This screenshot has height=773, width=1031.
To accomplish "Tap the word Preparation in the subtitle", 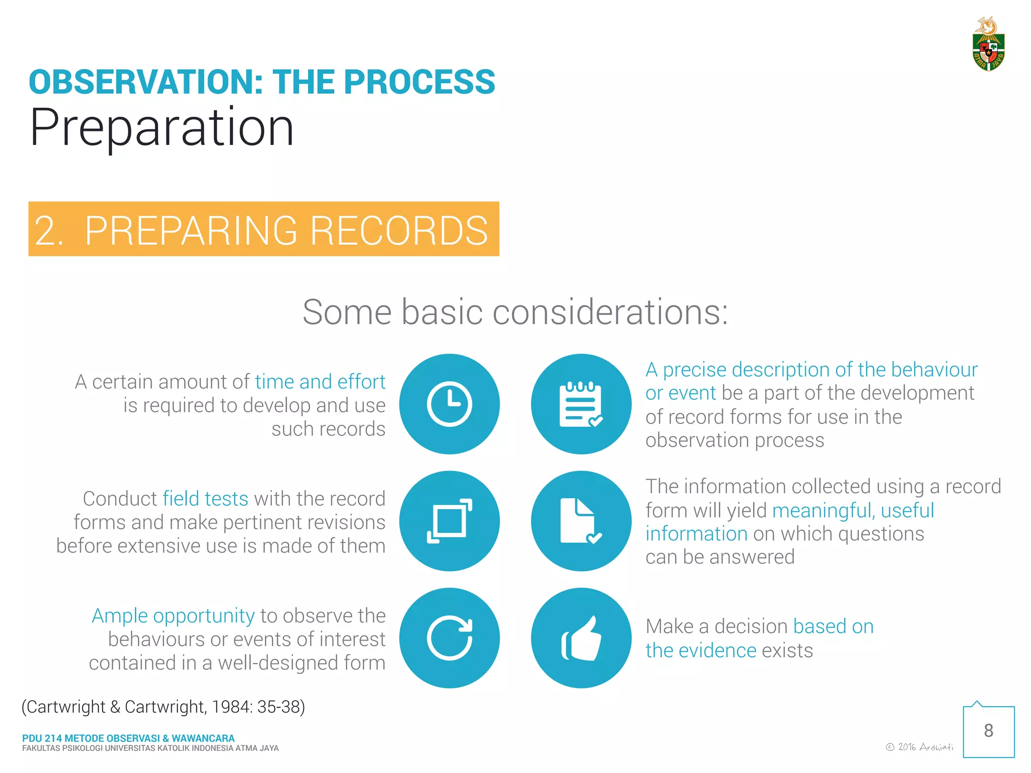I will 162,128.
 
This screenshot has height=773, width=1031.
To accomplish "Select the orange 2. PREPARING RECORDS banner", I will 263,229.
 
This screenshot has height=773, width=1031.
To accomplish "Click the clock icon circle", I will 449,404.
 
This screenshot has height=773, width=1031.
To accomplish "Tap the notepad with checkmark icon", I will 581,404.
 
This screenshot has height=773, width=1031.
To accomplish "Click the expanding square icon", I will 449,521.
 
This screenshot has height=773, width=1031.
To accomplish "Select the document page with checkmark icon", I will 581,521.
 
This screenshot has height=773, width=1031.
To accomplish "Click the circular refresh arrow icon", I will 449,638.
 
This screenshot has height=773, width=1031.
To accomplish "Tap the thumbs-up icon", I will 581,638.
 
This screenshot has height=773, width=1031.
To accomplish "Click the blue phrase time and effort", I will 320,382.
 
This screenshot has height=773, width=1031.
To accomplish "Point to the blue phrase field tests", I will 205,499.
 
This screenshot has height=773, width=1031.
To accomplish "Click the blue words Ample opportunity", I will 173,616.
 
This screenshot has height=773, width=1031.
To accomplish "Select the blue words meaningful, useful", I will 853,510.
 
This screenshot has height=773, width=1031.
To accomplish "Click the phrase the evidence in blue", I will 701,650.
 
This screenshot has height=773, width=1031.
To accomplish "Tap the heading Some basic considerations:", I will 515,312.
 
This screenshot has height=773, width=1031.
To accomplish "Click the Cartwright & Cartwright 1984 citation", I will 163,707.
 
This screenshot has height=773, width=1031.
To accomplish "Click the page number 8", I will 988,731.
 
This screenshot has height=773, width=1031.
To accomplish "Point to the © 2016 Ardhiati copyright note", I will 919,747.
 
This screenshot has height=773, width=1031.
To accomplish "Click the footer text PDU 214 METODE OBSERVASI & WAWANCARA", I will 128,738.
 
